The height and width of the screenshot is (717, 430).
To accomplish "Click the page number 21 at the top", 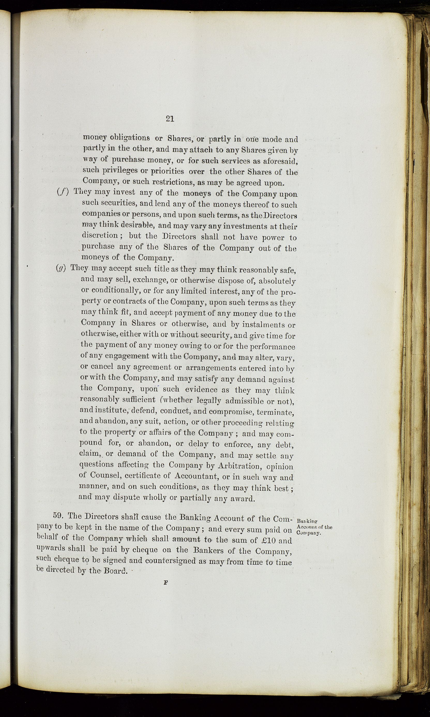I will click(x=170, y=118).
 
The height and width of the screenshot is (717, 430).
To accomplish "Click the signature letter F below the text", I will click(x=166, y=583).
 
